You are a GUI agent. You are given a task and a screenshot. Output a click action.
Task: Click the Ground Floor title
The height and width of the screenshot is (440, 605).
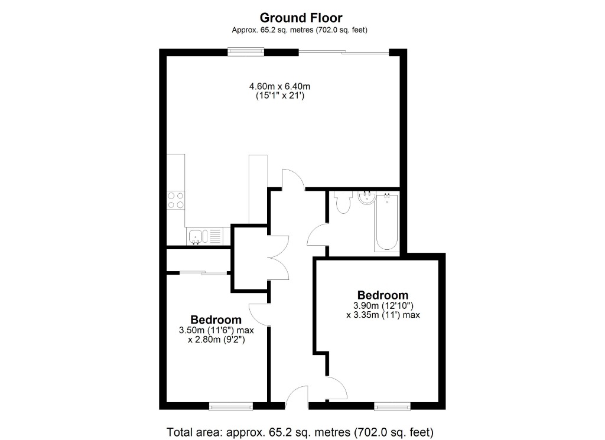click(301, 18)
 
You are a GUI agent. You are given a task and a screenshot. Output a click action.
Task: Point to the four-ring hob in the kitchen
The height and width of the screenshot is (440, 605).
click(175, 200)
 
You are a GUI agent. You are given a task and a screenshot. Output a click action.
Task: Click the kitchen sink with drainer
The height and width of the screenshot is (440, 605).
click(205, 236)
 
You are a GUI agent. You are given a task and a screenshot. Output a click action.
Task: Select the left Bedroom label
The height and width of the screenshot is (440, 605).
click(215, 320)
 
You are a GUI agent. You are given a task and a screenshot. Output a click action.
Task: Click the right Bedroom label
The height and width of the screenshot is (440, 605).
click(382, 295)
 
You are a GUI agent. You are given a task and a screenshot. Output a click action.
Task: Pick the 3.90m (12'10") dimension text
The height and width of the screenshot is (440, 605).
click(383, 305)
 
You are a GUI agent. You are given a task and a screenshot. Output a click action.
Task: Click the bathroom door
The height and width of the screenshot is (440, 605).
click(318, 235)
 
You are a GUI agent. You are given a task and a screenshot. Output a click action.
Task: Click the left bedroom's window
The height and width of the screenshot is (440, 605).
click(231, 406)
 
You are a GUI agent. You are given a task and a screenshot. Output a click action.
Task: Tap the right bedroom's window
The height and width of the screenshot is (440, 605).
click(392, 406)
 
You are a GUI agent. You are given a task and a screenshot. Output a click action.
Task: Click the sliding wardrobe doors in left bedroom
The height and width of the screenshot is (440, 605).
click(204, 273)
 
